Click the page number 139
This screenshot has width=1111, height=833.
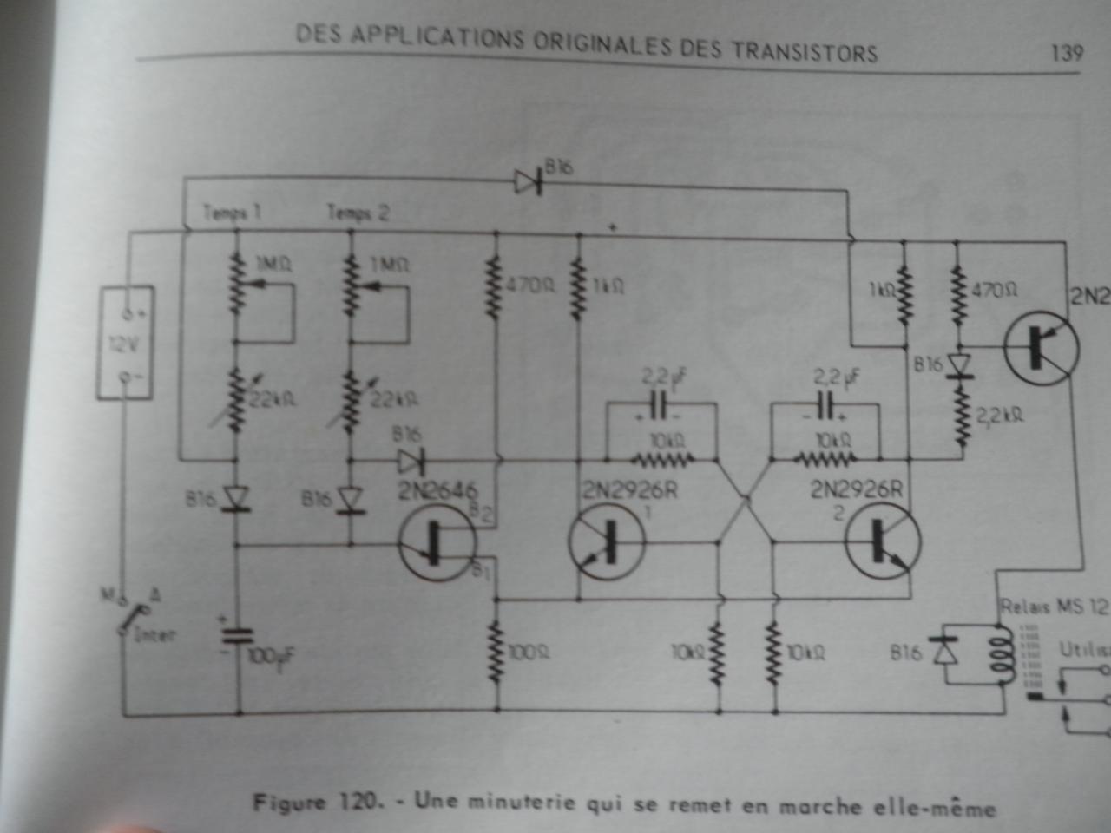click(x=1067, y=53)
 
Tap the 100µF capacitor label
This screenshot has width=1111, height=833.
click(x=272, y=657)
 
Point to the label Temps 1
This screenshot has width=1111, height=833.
click(x=232, y=213)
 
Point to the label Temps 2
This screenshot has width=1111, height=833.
click(x=358, y=213)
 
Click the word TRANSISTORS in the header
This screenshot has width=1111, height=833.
click(x=804, y=50)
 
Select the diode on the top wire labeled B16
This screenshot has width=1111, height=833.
click(x=528, y=181)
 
